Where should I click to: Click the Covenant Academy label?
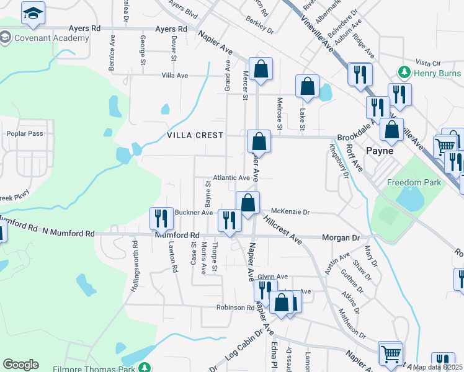pyautogui.click(x=50, y=38)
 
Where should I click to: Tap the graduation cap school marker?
pyautogui.click(x=33, y=14)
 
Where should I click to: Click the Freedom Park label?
pyautogui.click(x=414, y=182)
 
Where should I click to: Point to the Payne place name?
pyautogui.click(x=380, y=150)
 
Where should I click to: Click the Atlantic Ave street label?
pyautogui.click(x=231, y=178)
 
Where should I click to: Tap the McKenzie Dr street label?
pyautogui.click(x=290, y=212)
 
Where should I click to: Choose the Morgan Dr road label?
pyautogui.click(x=341, y=237)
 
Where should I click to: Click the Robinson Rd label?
pyautogui.click(x=235, y=308)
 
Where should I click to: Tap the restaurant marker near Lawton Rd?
pyautogui.click(x=161, y=219)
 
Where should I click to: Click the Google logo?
pyautogui.click(x=21, y=365)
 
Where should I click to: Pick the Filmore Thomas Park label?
pyautogui.click(x=99, y=367)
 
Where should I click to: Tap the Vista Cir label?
pyautogui.click(x=427, y=63)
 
